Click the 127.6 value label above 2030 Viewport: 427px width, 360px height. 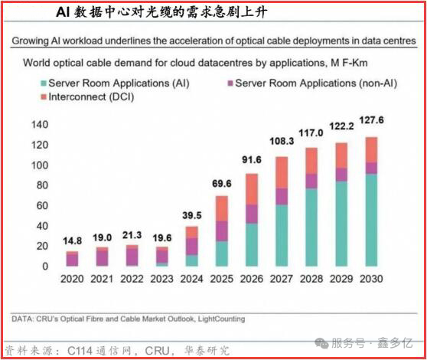point(371,120)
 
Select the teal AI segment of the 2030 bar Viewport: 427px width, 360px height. point(371,220)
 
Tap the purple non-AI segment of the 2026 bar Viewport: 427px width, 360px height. point(252,214)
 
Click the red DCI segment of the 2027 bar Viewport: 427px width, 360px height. point(282,172)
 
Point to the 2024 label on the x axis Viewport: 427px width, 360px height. point(192,279)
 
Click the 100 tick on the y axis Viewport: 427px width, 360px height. point(40,165)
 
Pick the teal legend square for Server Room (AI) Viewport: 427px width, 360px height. point(44,83)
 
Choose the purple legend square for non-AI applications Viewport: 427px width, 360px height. point(230,83)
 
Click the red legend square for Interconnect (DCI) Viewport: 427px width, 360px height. point(44,97)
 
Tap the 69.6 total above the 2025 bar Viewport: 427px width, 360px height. point(222,184)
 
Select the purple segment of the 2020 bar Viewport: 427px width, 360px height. point(72,260)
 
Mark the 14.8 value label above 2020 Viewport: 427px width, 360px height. point(72,241)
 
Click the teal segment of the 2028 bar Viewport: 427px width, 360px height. point(311,227)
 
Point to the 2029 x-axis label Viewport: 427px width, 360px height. point(341,279)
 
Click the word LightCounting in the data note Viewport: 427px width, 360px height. point(221,319)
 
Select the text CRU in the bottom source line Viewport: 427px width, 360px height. point(158,351)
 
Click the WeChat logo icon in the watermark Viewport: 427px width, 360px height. point(321,343)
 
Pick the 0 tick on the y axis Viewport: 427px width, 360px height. point(45,267)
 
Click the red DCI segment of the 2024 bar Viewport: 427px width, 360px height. point(192,232)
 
